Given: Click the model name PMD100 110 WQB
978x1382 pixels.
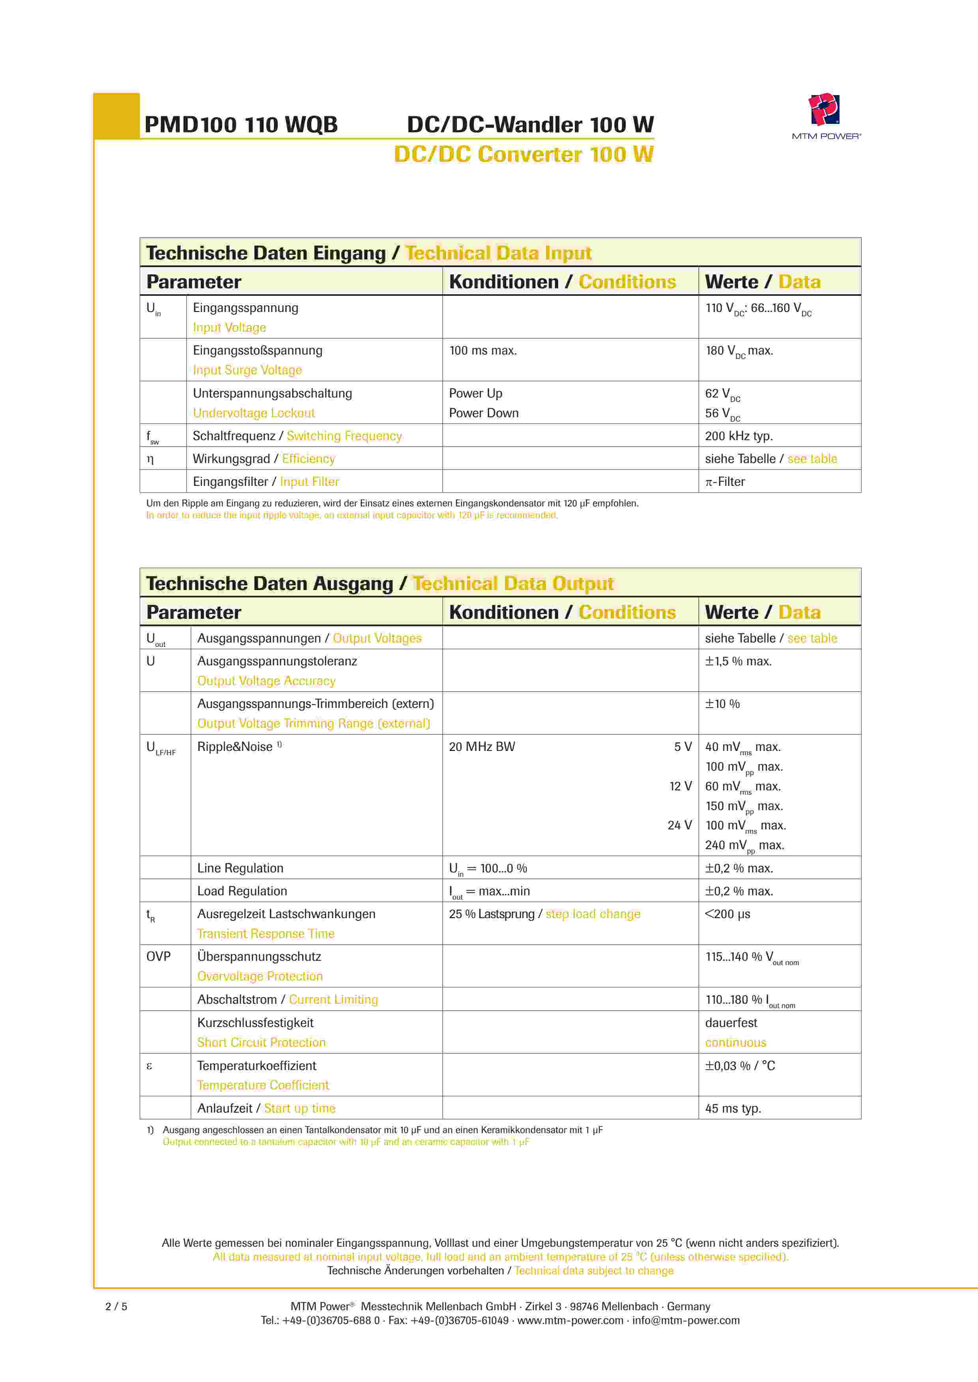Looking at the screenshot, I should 241,125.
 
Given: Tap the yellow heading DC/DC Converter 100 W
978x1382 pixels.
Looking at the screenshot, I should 524,155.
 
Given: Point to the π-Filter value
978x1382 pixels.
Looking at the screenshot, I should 725,482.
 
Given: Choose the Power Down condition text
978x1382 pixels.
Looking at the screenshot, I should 484,413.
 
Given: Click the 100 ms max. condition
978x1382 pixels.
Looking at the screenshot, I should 483,350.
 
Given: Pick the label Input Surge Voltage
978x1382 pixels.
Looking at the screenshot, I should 247,370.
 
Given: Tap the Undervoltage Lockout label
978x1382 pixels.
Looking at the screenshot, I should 254,413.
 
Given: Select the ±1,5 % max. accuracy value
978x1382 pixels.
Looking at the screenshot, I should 738,661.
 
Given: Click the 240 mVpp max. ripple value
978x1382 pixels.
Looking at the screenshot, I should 744,845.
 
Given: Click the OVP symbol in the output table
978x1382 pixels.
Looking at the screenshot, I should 158,956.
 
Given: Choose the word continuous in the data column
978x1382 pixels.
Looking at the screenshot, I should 735,1042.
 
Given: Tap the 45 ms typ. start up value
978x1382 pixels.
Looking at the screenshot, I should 733,1108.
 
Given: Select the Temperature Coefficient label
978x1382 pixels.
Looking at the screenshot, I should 263,1085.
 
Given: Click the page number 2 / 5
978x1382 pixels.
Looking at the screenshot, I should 116,1306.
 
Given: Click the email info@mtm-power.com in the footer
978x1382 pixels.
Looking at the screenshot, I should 686,1320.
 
